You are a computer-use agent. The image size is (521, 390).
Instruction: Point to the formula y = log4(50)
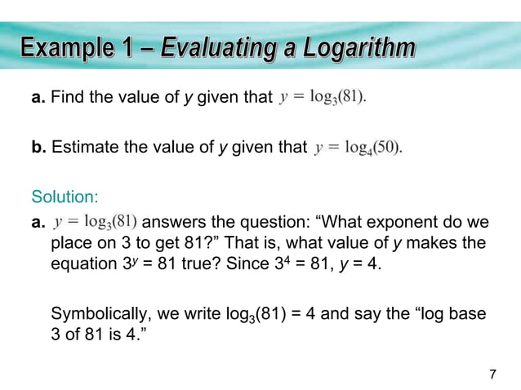click(x=359, y=148)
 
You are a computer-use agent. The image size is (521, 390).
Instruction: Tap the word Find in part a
click(x=65, y=98)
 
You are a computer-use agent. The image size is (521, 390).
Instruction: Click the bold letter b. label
click(x=38, y=148)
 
